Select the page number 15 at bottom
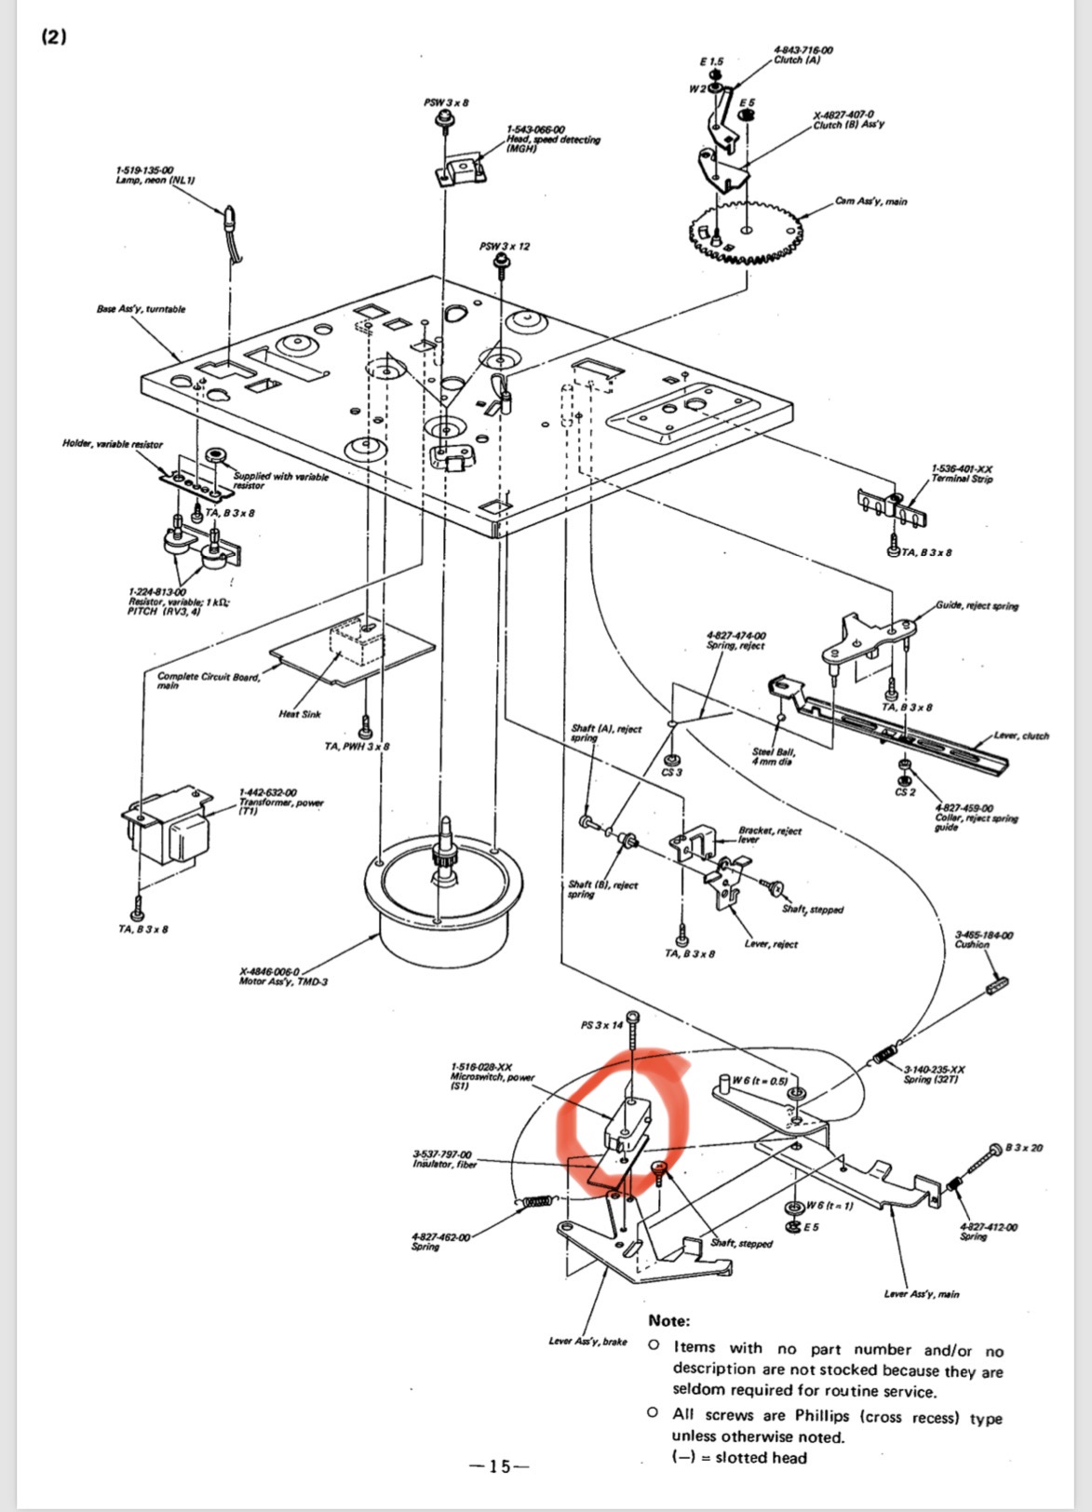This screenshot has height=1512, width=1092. coord(500,1466)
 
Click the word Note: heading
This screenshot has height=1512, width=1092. coord(669,1320)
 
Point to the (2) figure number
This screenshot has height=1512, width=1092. coord(54,37)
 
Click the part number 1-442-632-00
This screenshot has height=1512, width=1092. coord(268,792)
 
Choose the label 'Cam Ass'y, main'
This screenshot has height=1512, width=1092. coord(870,201)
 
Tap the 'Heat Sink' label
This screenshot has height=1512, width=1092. coord(300,714)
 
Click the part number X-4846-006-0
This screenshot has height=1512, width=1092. coord(269,971)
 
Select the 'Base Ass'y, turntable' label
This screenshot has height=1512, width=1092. coord(141,309)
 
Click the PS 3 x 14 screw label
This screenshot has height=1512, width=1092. coord(601,1025)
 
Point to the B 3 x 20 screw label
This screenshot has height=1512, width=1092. coord(1024,1147)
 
